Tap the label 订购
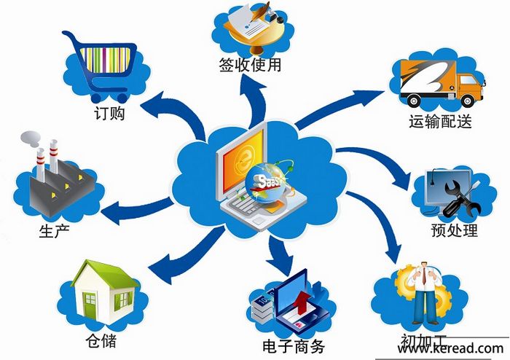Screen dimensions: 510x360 point(109,114)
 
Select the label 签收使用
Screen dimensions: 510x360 point(250,65)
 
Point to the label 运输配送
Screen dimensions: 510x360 point(440,121)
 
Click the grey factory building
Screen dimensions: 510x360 point(58,182)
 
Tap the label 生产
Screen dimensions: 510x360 point(55,230)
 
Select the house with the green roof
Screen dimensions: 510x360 point(105,291)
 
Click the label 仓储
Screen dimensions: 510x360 point(101,341)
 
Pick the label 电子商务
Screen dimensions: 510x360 point(294,346)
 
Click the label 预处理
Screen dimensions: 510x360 point(455,230)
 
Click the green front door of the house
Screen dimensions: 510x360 point(90,305)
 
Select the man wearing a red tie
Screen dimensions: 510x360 point(425,293)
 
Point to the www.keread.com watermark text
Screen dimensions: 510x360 point(450,348)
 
